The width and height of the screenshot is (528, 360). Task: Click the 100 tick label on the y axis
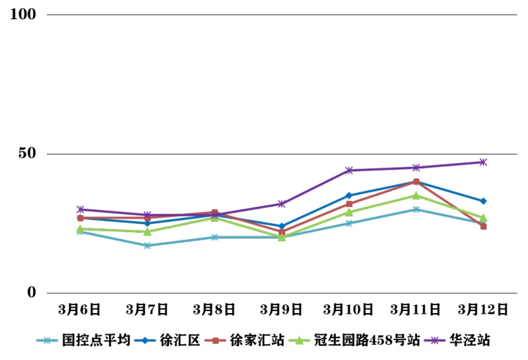[x=23, y=15]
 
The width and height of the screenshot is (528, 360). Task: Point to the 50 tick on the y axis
[x=27, y=154]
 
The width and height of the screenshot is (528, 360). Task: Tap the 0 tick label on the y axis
[x=31, y=293]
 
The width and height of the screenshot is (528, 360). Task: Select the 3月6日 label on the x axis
[x=79, y=309]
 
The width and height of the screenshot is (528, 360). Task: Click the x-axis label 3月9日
[x=281, y=309]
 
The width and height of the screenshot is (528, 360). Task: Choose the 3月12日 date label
[x=483, y=309]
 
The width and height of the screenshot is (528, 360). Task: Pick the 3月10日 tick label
[x=349, y=309]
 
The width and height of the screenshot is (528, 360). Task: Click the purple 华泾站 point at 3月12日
[x=483, y=162]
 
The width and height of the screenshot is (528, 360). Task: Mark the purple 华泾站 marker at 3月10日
[x=349, y=170]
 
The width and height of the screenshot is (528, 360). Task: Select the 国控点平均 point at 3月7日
[x=147, y=246]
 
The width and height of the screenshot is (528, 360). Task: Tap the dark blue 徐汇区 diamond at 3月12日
[x=483, y=201]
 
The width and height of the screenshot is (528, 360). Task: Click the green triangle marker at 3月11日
[x=416, y=195]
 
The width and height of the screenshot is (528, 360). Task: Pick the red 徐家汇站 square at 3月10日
[x=349, y=204]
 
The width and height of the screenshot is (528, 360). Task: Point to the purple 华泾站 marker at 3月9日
[x=281, y=204]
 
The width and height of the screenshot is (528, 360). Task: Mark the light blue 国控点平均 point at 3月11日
[x=416, y=209]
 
